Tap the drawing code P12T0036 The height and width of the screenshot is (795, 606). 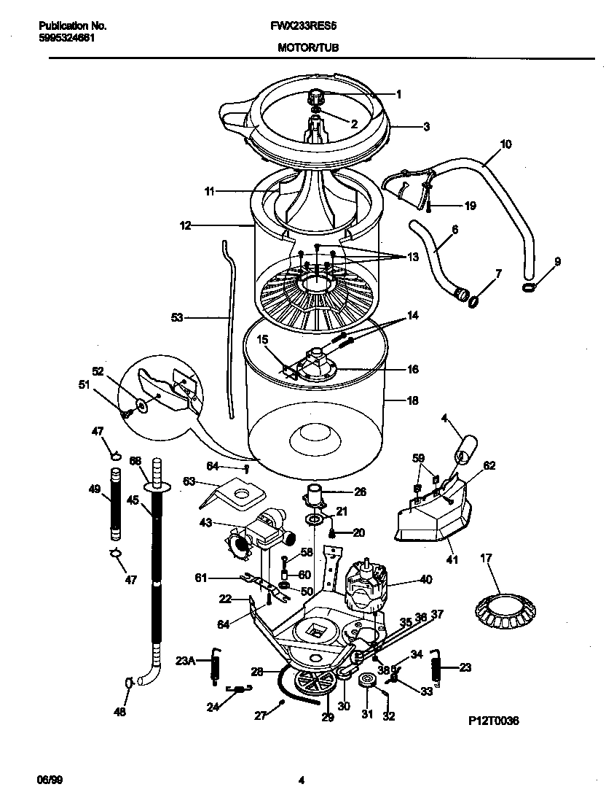(493, 721)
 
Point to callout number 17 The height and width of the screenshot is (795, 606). (486, 559)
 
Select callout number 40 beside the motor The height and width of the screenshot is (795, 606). (426, 580)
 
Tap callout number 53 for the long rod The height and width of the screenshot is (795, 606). (177, 317)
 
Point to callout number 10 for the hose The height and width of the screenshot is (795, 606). (505, 144)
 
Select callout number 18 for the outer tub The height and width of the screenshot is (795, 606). (413, 400)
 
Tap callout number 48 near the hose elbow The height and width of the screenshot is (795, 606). (119, 712)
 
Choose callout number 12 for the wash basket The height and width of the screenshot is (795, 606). (186, 226)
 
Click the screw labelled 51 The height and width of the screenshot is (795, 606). (125, 413)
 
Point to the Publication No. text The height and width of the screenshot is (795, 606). (72, 26)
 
